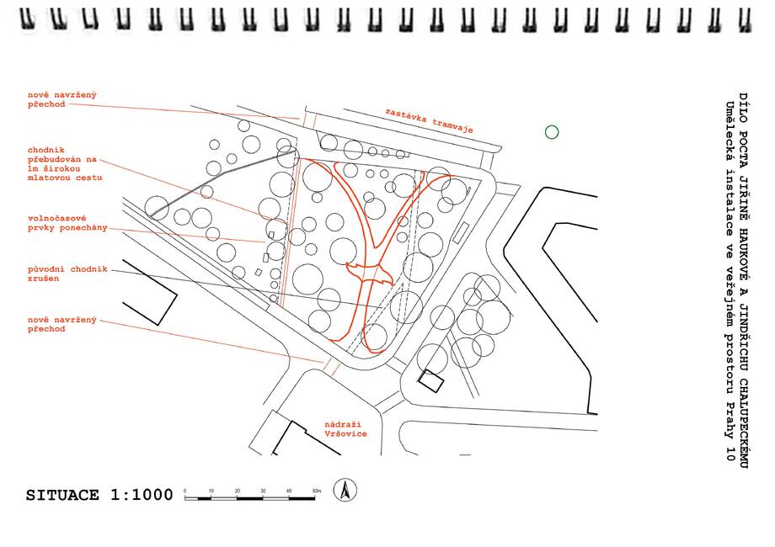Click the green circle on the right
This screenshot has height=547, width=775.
(552, 131)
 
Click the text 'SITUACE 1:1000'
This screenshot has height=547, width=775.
(99, 495)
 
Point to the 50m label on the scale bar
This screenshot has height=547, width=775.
(317, 490)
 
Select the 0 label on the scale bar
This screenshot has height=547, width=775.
(185, 490)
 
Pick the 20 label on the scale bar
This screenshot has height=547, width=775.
(238, 490)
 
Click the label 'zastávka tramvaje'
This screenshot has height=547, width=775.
(429, 121)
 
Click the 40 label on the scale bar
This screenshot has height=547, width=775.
(289, 490)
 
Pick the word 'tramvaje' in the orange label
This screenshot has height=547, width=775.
(452, 125)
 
